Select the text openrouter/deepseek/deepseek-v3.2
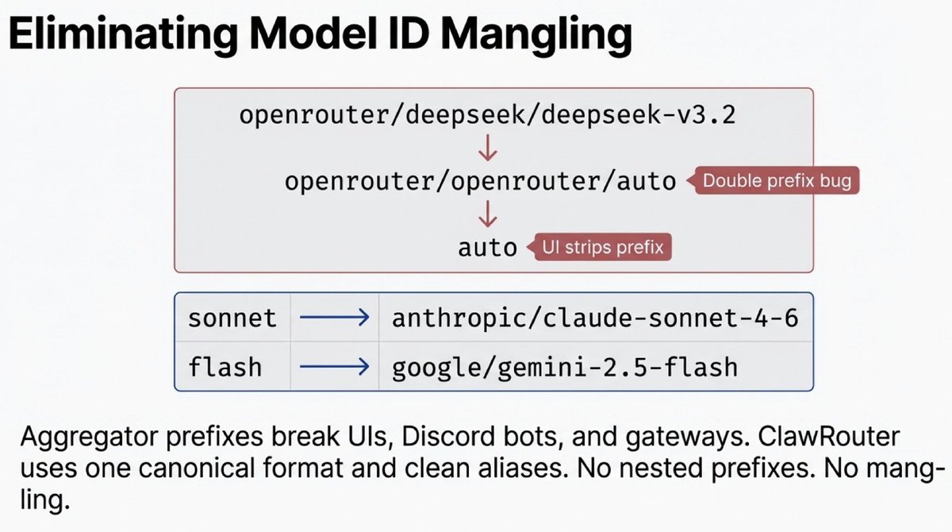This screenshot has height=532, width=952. click(x=487, y=115)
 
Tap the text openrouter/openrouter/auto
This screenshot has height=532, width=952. click(x=480, y=182)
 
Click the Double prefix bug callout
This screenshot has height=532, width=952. click(x=776, y=181)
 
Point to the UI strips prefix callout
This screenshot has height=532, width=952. click(x=601, y=247)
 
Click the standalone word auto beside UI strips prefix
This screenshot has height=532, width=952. click(x=487, y=247)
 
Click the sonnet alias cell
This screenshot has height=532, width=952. click(x=232, y=319)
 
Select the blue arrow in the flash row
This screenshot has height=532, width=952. click(x=334, y=367)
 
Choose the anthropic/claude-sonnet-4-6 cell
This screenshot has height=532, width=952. click(x=595, y=319)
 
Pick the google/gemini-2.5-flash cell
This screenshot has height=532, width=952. click(x=565, y=367)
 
